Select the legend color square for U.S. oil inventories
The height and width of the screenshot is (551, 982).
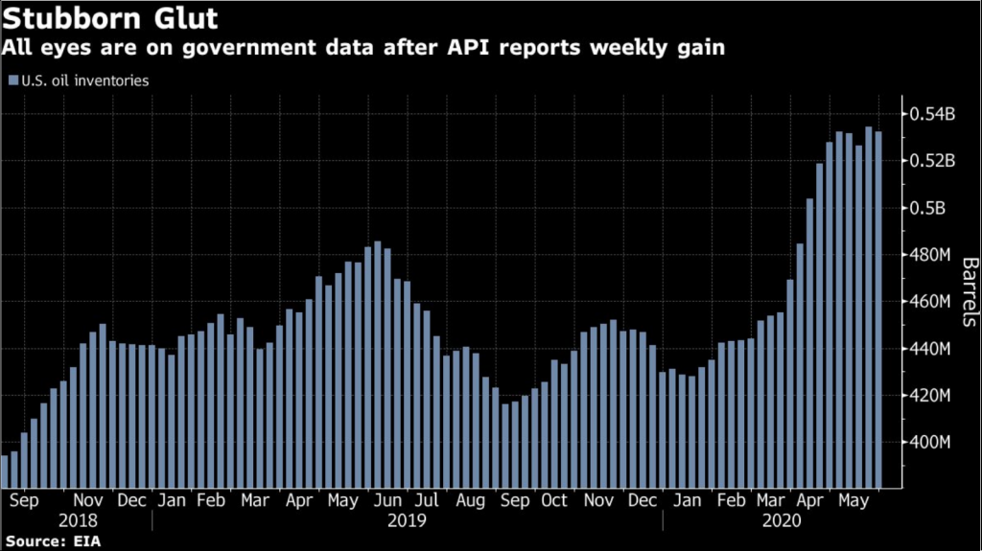click(12, 81)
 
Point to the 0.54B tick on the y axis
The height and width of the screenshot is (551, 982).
click(931, 115)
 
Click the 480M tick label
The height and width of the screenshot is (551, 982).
click(930, 255)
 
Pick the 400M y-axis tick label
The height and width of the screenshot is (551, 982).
click(930, 443)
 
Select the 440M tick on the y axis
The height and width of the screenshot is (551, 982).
click(930, 349)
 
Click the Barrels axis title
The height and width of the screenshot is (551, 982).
click(969, 293)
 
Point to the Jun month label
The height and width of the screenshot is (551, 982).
click(388, 500)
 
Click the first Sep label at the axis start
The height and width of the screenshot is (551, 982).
click(24, 500)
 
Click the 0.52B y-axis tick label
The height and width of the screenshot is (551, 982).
click(931, 161)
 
